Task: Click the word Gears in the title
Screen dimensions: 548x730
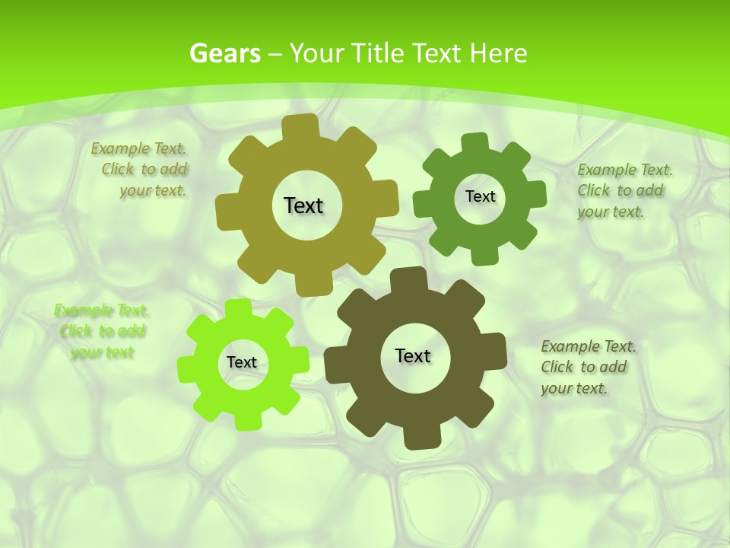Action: [x=225, y=53]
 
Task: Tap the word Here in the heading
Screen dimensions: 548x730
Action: [x=498, y=53]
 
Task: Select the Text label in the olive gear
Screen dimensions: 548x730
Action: [x=303, y=205]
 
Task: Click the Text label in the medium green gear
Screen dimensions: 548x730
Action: [x=480, y=196]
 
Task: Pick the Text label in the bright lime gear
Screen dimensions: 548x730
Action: [x=242, y=362]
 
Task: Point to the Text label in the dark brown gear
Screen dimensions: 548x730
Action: [x=413, y=355]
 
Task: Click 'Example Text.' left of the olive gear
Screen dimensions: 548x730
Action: [x=138, y=148]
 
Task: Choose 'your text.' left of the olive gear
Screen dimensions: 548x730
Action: [x=153, y=191]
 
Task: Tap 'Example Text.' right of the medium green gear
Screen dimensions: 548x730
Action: [x=625, y=170]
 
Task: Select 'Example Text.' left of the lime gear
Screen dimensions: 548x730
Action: [x=102, y=310]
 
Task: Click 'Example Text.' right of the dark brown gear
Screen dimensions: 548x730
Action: [x=589, y=346]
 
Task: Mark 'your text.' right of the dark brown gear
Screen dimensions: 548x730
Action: [x=574, y=388]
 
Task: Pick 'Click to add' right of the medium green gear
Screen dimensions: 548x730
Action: [x=620, y=191]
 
